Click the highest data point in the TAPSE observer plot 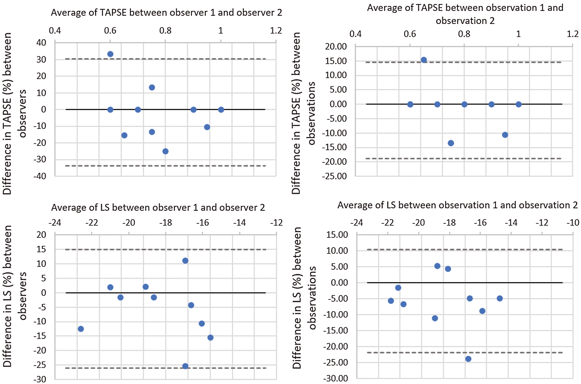click(110, 54)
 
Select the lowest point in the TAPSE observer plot click(165, 151)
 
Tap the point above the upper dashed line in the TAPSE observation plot click(424, 60)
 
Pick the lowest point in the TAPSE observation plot click(451, 143)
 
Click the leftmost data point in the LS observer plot click(81, 329)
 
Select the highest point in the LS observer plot click(185, 261)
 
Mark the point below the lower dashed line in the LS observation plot click(468, 359)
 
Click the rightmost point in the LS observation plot click(500, 298)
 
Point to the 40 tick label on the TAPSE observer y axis click(41, 43)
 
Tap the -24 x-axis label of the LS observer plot click(55, 223)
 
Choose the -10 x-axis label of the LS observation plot click(573, 223)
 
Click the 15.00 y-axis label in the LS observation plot click(337, 235)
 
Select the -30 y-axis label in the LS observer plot click(40, 379)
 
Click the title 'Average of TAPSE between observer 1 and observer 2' click(166, 12)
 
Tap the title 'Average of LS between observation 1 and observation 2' click(457, 205)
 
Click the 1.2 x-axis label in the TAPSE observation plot click(572, 34)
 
